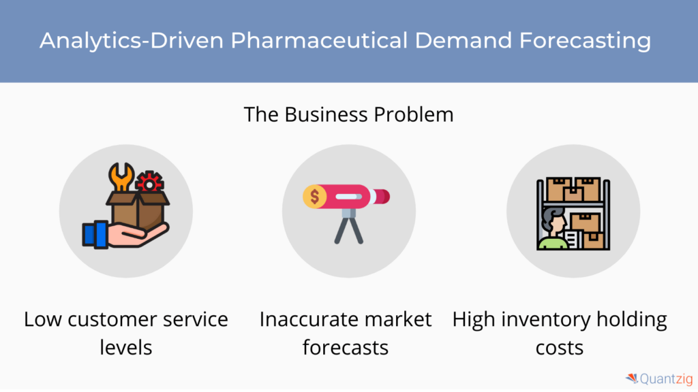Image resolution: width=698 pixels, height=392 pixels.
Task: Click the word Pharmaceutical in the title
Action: pyautogui.click(x=319, y=40)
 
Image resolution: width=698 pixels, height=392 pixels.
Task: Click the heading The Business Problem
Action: pyautogui.click(x=348, y=114)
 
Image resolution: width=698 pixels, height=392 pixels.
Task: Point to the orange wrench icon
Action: pyautogui.click(x=121, y=176)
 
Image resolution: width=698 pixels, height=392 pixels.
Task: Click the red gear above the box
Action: pyautogui.click(x=149, y=182)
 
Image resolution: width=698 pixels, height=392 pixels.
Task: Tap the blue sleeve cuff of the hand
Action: pyautogui.click(x=95, y=234)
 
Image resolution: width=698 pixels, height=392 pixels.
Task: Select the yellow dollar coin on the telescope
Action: pyautogui.click(x=314, y=197)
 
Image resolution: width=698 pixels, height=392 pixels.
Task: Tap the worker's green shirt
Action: pyautogui.click(x=552, y=243)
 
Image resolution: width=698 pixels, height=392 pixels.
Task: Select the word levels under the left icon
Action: pyautogui.click(x=126, y=347)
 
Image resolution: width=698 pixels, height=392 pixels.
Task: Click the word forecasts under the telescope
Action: pyautogui.click(x=346, y=347)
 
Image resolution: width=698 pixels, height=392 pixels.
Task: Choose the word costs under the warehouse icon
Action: pyautogui.click(x=559, y=348)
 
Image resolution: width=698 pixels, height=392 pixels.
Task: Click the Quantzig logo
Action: pyautogui.click(x=659, y=378)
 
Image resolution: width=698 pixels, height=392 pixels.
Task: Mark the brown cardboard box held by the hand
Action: pyautogui.click(x=138, y=212)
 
